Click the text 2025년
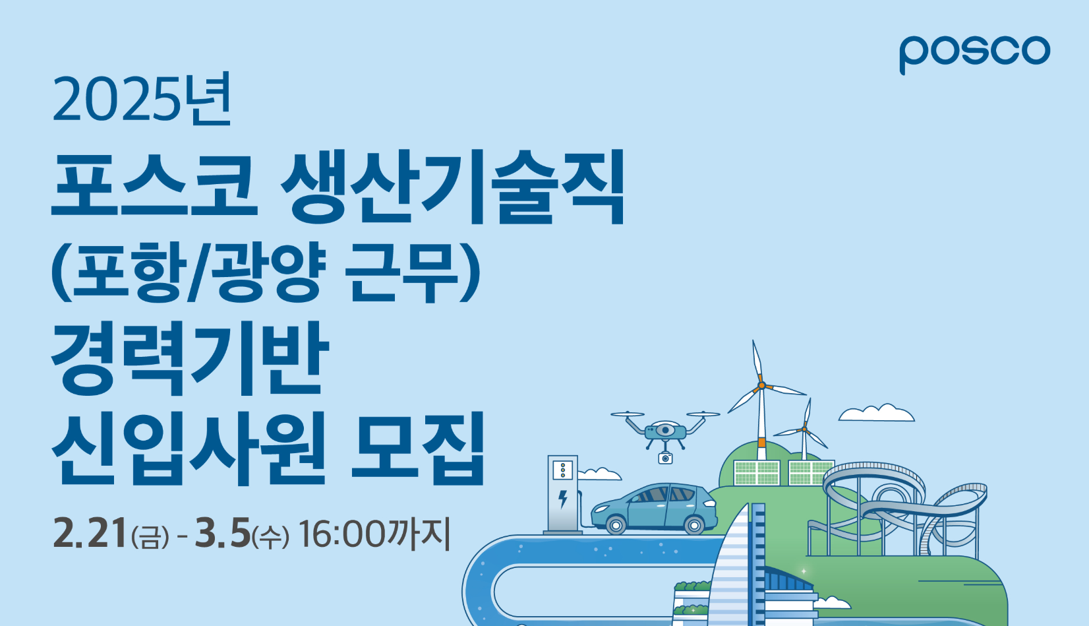(142, 99)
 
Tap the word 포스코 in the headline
(155, 185)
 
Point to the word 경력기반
(190, 358)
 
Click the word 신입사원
(188, 447)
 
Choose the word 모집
(418, 447)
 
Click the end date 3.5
(222, 533)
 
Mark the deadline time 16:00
(342, 534)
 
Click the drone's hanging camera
(665, 458)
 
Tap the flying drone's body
(665, 431)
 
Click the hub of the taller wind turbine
(762, 386)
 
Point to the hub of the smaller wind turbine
(805, 429)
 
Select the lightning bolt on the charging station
(563, 499)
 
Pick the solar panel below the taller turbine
(757, 472)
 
